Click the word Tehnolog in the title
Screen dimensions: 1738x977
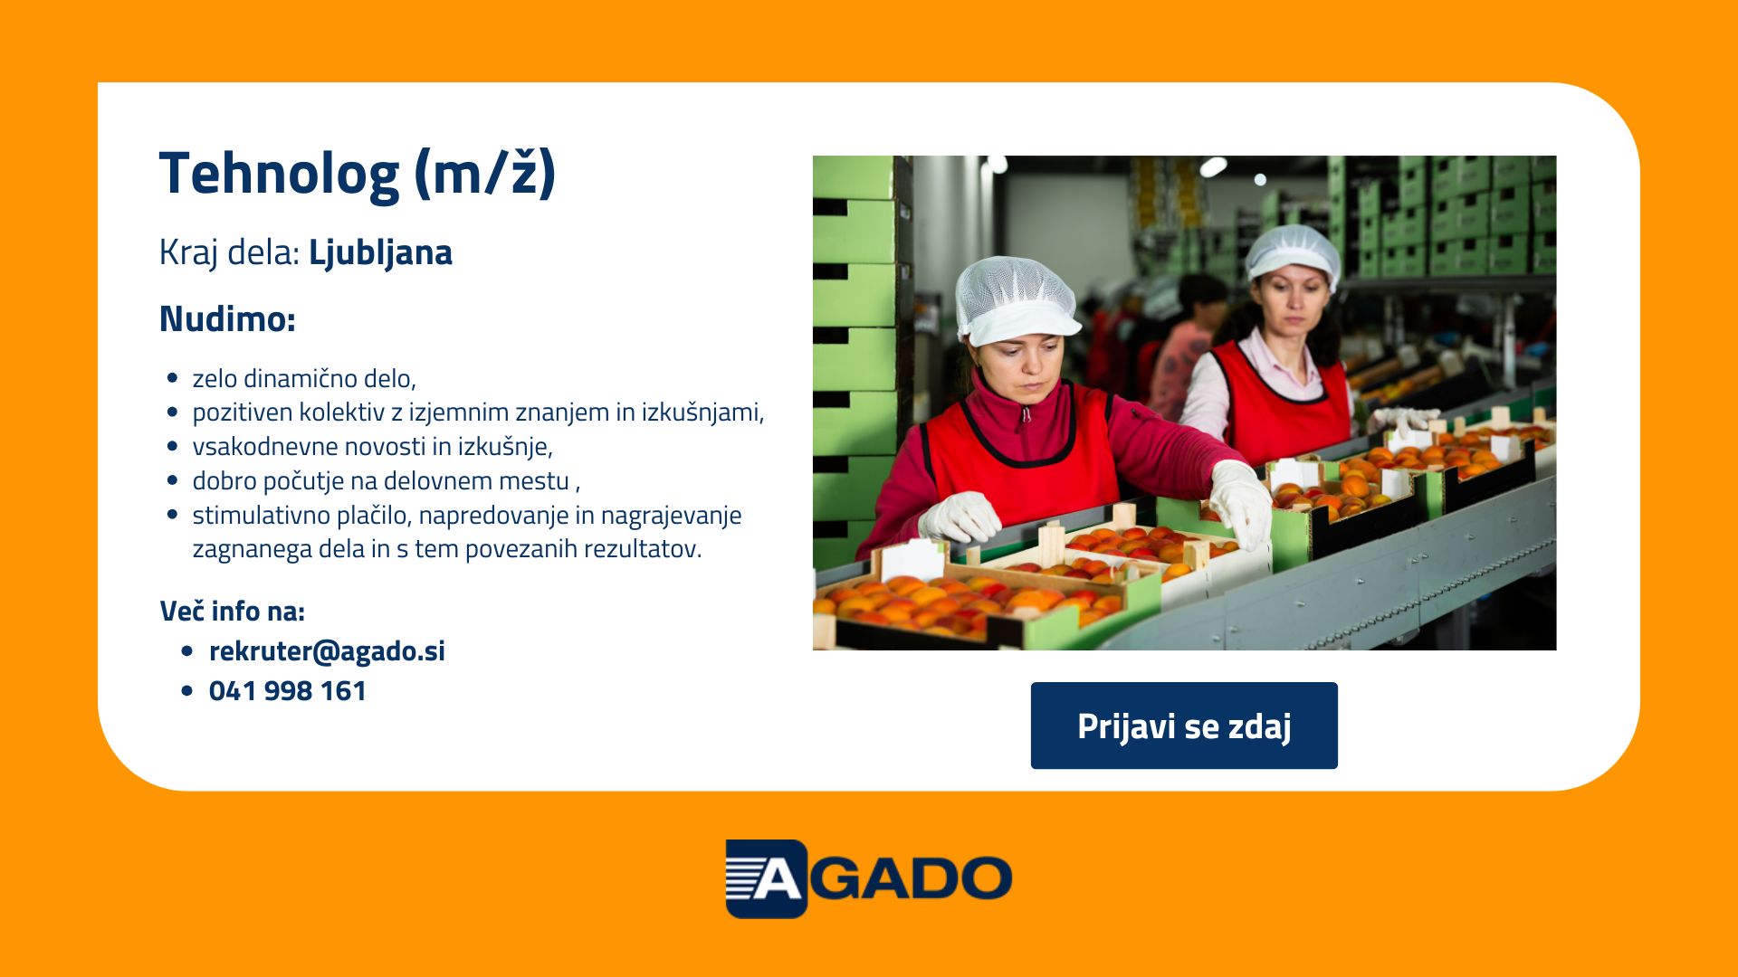click(x=279, y=174)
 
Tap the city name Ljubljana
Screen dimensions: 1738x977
click(x=380, y=253)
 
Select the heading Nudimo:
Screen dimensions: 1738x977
click(x=227, y=318)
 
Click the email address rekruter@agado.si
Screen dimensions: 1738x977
click(x=327, y=650)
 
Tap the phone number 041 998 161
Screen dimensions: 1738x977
click(x=287, y=690)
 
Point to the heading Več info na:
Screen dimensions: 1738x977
click(x=232, y=611)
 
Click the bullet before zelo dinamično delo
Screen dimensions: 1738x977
click(x=173, y=378)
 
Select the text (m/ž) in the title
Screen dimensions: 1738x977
click(x=485, y=174)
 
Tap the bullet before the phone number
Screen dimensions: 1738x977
click(x=187, y=691)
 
